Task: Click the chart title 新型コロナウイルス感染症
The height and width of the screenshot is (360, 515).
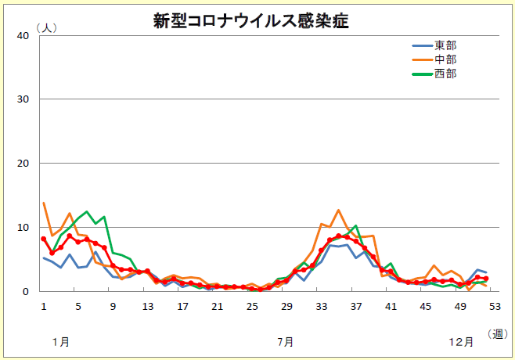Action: click(x=251, y=21)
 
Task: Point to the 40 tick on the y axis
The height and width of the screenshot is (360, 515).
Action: click(x=23, y=35)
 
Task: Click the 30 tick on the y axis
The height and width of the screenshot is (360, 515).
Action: click(x=23, y=99)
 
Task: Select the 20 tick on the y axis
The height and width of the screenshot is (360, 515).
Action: click(x=23, y=164)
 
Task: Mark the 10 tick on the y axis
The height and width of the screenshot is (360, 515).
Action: click(x=23, y=228)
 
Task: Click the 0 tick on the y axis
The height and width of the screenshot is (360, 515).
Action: click(x=26, y=292)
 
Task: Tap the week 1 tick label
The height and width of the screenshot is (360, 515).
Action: click(x=43, y=306)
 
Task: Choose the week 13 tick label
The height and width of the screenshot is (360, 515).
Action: click(x=147, y=306)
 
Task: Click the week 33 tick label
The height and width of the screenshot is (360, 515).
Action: click(x=321, y=306)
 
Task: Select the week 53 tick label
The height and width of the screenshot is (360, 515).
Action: click(x=495, y=306)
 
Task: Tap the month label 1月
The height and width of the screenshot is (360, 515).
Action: click(x=60, y=342)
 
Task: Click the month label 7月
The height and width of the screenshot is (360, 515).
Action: click(x=286, y=342)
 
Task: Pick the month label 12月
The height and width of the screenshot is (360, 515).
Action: click(x=461, y=342)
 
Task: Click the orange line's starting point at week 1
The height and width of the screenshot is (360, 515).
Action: click(x=43, y=203)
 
